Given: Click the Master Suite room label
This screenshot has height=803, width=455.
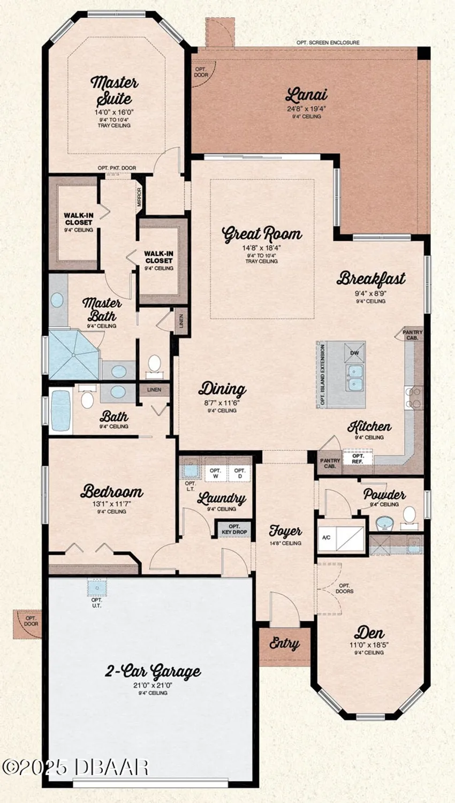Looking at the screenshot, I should [x=114, y=90].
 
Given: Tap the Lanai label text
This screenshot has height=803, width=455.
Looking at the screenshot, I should [x=306, y=95].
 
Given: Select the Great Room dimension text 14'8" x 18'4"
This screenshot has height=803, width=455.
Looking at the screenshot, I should [x=261, y=248].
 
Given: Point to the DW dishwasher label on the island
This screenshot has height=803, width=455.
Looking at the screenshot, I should [x=354, y=353].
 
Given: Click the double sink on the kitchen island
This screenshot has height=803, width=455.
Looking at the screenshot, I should [x=354, y=377].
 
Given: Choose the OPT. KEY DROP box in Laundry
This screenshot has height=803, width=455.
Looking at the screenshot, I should [x=234, y=529].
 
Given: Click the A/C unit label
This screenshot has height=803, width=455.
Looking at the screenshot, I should [x=326, y=537].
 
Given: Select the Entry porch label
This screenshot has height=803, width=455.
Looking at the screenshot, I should [x=284, y=643].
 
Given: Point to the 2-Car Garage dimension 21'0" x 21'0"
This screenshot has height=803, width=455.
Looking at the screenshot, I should [x=154, y=685].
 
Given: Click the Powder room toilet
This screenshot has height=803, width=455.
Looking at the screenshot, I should [x=409, y=516].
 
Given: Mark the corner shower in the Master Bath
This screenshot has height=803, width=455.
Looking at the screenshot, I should [x=73, y=355].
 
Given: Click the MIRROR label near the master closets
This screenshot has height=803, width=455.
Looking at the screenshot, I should [x=140, y=197].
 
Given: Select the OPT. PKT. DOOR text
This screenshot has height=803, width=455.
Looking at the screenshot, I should [x=117, y=168].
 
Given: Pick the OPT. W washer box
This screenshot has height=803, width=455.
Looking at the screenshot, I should [x=216, y=473].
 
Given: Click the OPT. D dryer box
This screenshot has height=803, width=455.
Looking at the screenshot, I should [x=239, y=473].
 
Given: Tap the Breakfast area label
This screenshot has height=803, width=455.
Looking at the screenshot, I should [x=371, y=278].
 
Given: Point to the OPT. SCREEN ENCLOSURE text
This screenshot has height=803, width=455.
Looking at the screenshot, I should [x=328, y=42].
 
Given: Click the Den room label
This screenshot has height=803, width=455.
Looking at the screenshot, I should [x=369, y=632].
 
